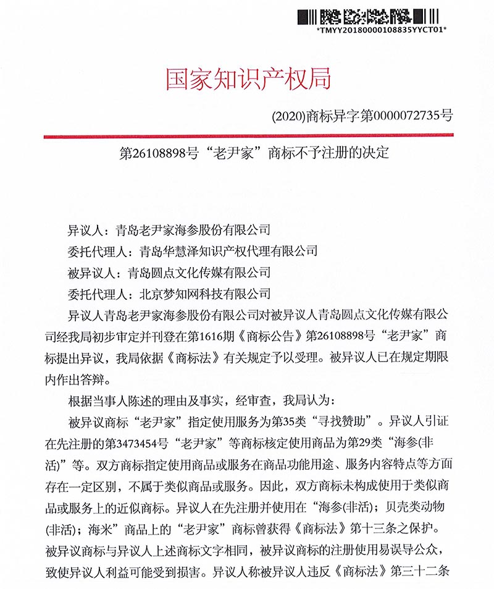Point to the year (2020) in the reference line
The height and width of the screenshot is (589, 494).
coord(288,115)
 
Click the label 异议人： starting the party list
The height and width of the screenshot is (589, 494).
coord(88,231)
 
